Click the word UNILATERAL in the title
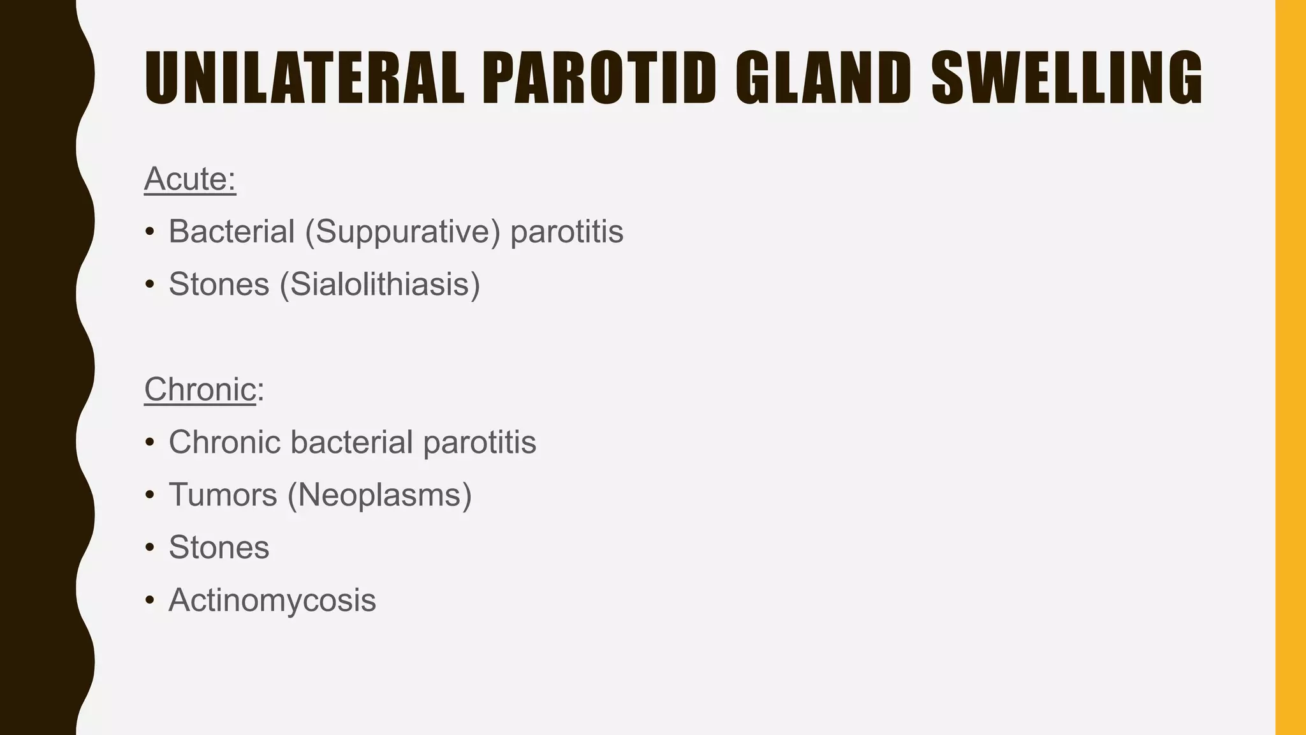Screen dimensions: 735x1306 [x=304, y=78]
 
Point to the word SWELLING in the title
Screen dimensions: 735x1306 [x=1067, y=78]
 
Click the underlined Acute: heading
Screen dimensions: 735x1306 [x=190, y=179]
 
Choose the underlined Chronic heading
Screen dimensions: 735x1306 [x=200, y=389]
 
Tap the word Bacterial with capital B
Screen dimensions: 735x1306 [x=231, y=231]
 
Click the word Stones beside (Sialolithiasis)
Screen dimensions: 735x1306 [x=219, y=284]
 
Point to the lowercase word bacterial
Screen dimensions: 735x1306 [x=351, y=442]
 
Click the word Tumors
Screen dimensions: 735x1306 [x=223, y=494]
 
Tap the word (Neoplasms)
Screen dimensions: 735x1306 [x=379, y=494]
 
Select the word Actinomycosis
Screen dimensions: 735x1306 [x=272, y=600]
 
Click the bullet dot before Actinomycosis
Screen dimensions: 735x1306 [x=149, y=600]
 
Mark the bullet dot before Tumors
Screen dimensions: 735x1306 [x=149, y=495]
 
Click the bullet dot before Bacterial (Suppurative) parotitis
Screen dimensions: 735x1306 [x=149, y=232]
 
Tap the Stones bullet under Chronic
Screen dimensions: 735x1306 [x=219, y=547]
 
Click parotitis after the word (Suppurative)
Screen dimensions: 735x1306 [x=567, y=231]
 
